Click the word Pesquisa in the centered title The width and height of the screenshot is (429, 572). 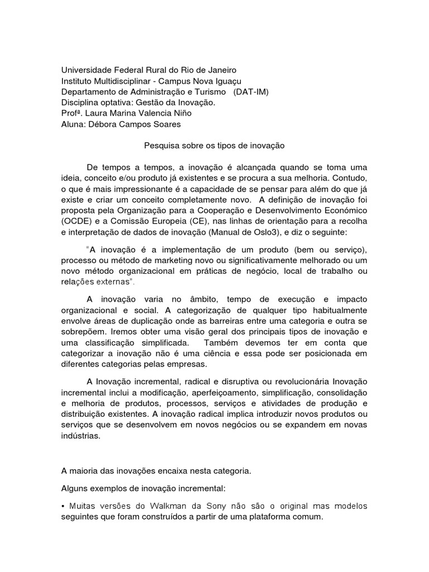(160, 145)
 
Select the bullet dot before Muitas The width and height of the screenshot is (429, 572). (63, 506)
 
